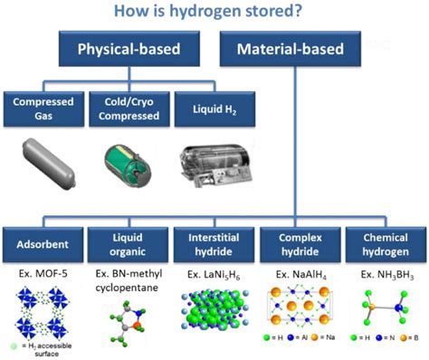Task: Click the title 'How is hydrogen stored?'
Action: point(214,12)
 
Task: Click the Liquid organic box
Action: point(127,242)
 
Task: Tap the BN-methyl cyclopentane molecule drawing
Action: point(127,322)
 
